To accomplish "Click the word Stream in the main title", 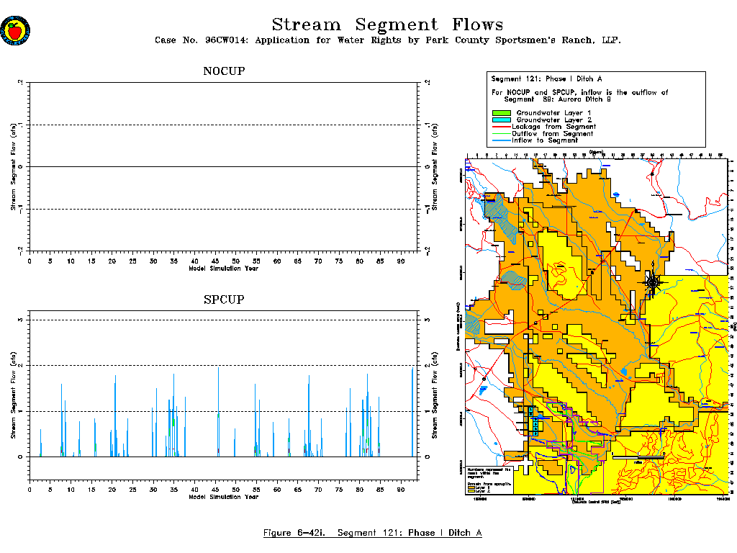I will click(307, 25).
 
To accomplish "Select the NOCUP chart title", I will click(224, 71).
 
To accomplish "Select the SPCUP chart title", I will click(224, 299).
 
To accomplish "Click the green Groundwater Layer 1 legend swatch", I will click(501, 114).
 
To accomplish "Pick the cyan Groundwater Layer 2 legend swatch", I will click(501, 120).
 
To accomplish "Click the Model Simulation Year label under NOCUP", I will click(224, 269).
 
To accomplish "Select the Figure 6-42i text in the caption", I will click(294, 533).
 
